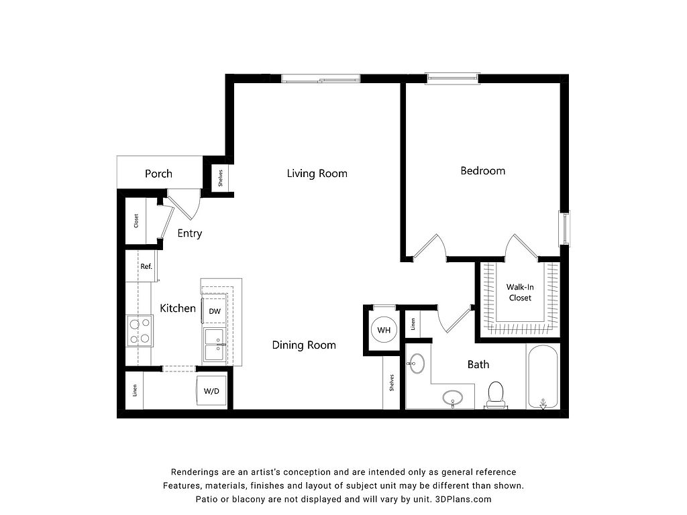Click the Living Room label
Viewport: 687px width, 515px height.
pos(317,174)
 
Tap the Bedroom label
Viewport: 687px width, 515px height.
pos(482,171)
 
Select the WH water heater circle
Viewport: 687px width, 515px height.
pos(384,330)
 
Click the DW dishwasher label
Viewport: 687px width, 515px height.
pos(215,311)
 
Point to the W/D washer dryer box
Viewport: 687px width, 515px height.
pos(211,391)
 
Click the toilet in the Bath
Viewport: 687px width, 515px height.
pos(496,394)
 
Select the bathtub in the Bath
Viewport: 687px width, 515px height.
pos(543,376)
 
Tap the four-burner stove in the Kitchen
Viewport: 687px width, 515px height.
pos(140,331)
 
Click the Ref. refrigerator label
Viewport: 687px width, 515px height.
pos(146,266)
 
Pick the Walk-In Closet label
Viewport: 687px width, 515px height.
pos(520,292)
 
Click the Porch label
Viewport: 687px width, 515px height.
pos(158,174)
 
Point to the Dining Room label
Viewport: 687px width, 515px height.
pos(304,345)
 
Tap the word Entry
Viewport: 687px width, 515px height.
pos(190,233)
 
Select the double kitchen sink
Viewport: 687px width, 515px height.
pos(215,344)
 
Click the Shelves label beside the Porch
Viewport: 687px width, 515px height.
pos(220,178)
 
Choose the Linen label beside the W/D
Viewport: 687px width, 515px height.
pos(134,391)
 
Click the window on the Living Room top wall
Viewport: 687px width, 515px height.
pos(320,78)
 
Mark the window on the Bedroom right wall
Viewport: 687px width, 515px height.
pos(564,229)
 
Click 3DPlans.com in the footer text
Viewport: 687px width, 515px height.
pos(463,499)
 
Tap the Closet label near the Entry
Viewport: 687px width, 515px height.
pos(136,221)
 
